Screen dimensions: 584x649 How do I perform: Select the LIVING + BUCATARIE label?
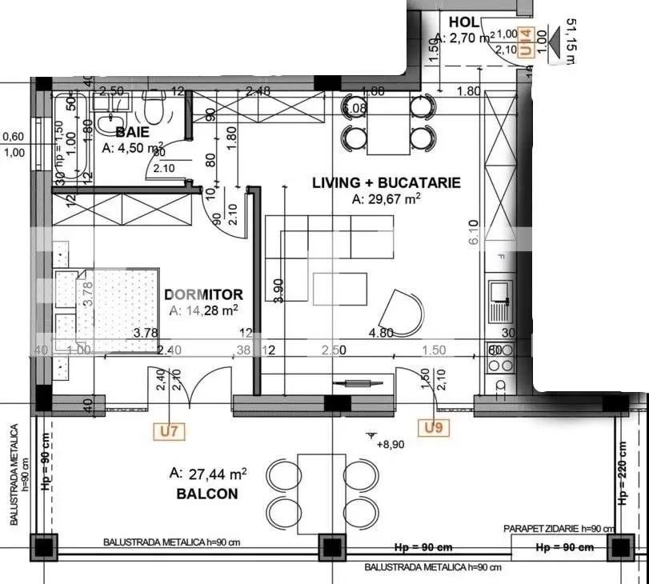(x=386, y=182)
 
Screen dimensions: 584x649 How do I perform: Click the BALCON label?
(x=206, y=494)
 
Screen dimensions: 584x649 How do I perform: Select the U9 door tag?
(x=433, y=428)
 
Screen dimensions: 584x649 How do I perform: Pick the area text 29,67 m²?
(x=387, y=200)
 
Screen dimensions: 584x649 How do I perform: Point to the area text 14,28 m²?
(x=203, y=310)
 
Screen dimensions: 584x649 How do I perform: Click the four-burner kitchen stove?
(x=501, y=357)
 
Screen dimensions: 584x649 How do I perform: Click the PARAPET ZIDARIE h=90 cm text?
(x=559, y=528)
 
